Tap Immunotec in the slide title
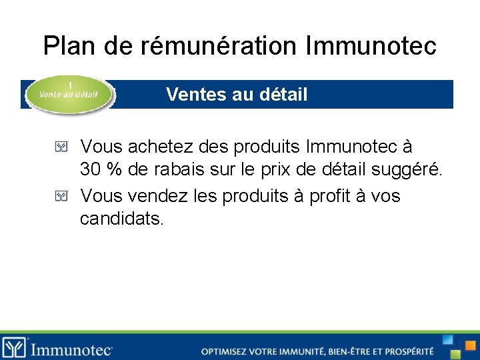coord(371,46)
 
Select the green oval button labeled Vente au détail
coord(69,95)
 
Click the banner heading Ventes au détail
coord(237,95)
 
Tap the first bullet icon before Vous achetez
coord(61,146)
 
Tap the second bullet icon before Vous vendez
coord(61,196)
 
